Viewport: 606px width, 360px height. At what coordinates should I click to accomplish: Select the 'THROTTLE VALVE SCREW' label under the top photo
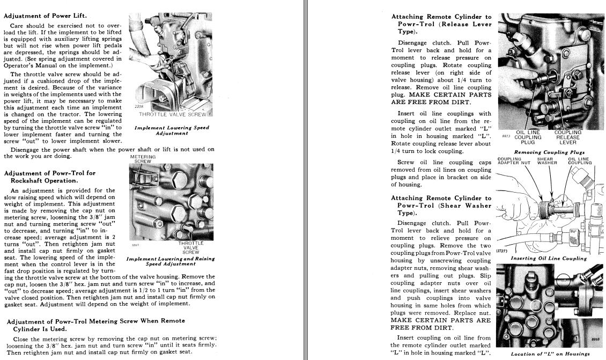click(172, 114)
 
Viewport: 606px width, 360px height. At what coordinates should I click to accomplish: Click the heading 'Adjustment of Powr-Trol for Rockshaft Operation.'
click(50, 177)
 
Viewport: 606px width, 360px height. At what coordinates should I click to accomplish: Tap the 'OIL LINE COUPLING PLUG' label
click(528, 137)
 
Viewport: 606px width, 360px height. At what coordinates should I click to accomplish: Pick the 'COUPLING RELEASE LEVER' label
click(568, 137)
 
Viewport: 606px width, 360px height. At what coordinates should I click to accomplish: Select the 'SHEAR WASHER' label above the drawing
click(545, 161)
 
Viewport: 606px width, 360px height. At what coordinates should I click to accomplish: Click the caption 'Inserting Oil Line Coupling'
click(549, 258)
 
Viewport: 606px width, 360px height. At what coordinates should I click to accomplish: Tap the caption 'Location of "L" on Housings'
click(551, 354)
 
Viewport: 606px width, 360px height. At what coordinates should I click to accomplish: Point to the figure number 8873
click(506, 136)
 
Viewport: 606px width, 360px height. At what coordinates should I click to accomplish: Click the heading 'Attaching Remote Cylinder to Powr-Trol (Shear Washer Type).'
click(441, 205)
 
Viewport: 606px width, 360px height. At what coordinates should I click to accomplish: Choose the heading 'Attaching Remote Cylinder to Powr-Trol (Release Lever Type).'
click(441, 24)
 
